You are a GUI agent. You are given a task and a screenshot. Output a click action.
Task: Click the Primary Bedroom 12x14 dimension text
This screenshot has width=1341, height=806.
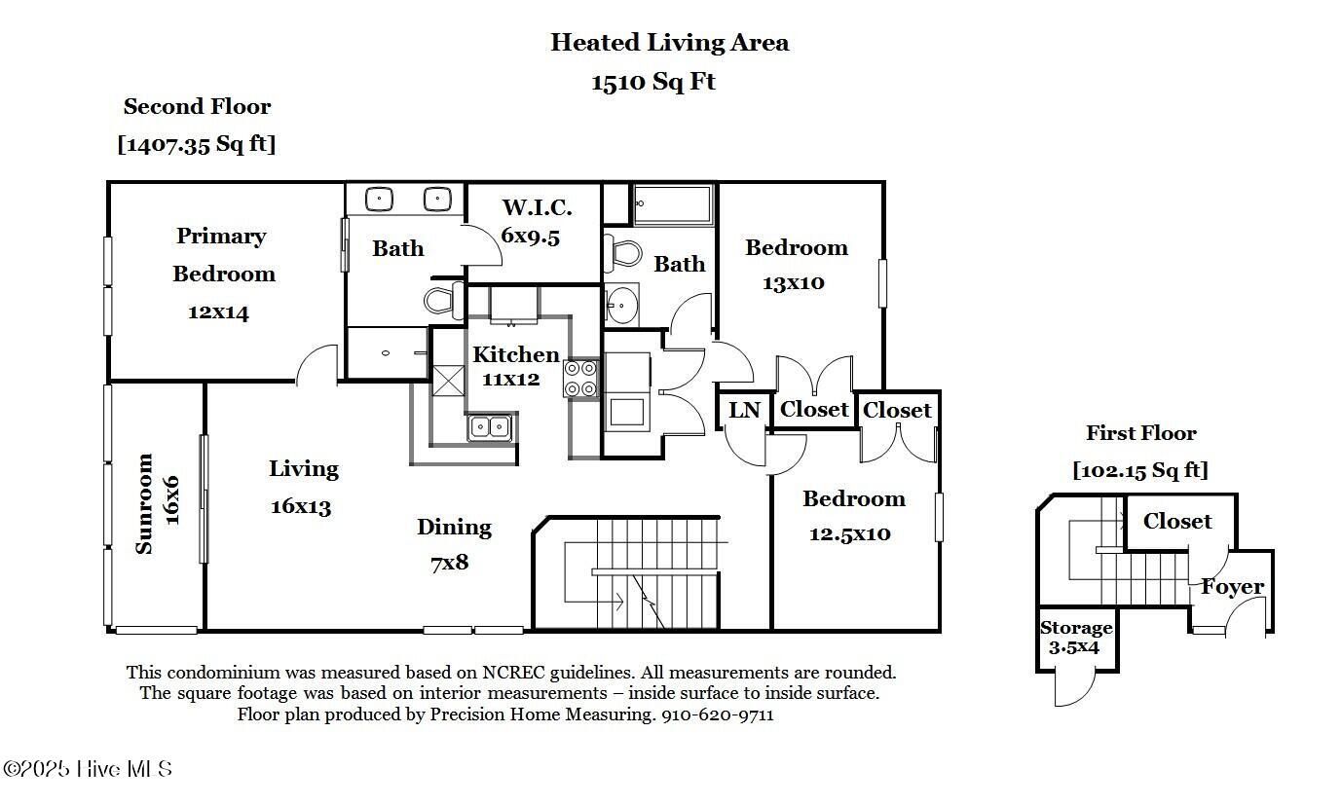point(218,312)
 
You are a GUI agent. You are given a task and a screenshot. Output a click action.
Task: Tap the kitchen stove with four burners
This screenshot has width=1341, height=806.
point(580,378)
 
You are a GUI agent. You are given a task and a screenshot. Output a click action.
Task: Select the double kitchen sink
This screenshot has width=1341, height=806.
point(490,427)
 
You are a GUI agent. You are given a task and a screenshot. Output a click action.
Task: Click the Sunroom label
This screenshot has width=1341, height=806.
point(144,504)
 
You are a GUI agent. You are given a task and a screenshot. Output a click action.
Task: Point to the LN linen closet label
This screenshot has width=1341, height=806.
point(744,411)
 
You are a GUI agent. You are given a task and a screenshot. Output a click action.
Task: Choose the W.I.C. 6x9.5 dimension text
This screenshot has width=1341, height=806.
point(531,237)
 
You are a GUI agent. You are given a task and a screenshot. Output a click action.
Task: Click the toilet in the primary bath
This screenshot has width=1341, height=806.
point(444,300)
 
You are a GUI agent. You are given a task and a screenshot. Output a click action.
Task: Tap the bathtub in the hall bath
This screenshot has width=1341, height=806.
point(674,204)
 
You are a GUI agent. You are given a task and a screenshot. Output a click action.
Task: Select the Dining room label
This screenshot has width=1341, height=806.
point(455,528)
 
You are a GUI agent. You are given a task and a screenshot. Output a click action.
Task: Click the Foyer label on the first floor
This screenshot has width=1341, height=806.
point(1233,587)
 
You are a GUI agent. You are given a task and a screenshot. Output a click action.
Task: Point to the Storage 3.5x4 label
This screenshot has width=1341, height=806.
point(1075,638)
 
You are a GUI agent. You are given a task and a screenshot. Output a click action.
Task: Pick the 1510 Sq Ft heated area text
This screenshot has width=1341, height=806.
point(653,82)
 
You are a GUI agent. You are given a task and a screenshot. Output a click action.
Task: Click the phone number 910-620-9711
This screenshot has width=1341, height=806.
point(717,714)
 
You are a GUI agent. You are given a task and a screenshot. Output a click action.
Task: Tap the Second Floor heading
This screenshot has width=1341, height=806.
point(197,106)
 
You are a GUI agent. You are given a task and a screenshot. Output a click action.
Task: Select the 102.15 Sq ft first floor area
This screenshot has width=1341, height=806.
point(1140,470)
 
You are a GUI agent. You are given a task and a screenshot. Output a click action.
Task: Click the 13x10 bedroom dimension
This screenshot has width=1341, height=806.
point(794,282)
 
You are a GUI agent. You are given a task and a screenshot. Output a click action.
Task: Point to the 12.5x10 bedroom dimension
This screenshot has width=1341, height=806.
point(850,533)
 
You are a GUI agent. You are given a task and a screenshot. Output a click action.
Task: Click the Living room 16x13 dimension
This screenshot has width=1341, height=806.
point(301,507)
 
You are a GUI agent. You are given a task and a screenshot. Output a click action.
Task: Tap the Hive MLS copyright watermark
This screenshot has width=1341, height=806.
point(88,769)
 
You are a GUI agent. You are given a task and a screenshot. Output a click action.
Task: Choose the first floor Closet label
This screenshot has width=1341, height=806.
point(1177,521)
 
